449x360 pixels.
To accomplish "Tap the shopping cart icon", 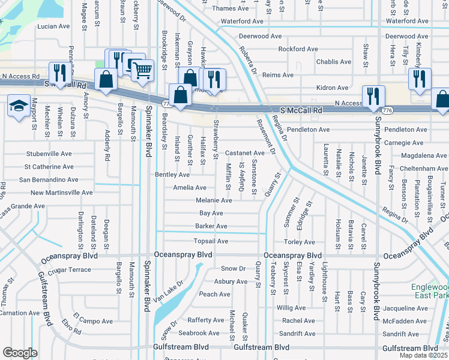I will [x=142, y=70].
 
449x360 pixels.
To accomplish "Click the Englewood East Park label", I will [x=429, y=291].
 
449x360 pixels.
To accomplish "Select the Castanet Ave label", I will [x=245, y=154].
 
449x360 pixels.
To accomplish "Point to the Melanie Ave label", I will [x=214, y=200].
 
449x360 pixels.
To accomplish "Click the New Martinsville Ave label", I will [x=62, y=193].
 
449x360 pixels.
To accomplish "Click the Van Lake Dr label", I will [x=167, y=291].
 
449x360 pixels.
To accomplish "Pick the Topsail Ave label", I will [x=211, y=241].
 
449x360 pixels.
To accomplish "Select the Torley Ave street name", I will [x=300, y=242].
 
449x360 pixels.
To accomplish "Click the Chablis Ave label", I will [x=334, y=62].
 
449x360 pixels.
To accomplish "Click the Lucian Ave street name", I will [x=53, y=26].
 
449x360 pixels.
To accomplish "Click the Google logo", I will [x=20, y=353].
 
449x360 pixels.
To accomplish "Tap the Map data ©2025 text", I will [x=424, y=355].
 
